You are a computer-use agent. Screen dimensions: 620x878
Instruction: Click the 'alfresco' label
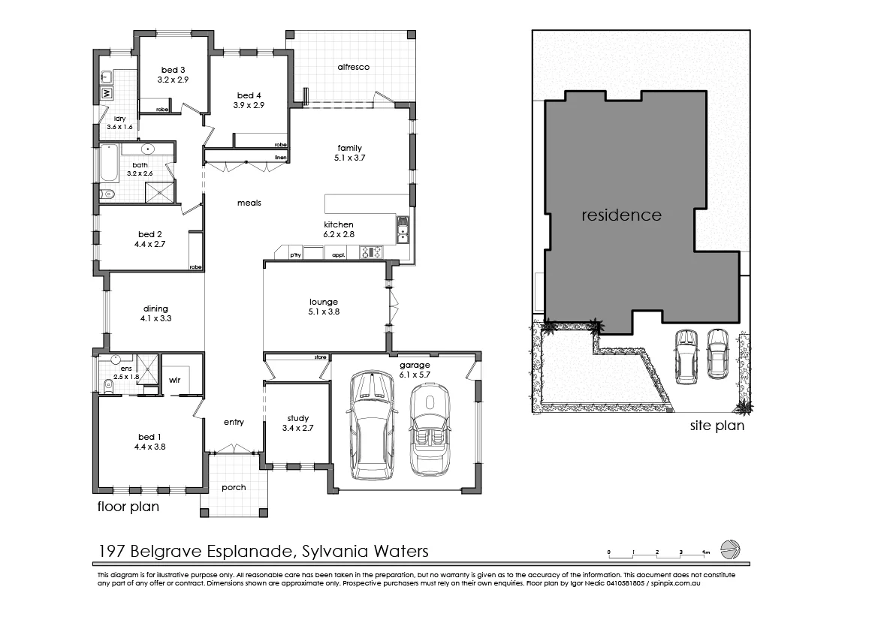click(x=353, y=67)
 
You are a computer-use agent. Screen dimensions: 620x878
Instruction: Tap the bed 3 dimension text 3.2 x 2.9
click(x=172, y=79)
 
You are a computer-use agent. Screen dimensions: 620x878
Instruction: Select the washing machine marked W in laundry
click(x=107, y=93)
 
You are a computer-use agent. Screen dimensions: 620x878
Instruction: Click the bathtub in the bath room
click(x=109, y=167)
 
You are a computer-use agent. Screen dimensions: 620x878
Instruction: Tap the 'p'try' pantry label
click(x=295, y=255)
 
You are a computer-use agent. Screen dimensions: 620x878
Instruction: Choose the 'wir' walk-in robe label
click(x=174, y=380)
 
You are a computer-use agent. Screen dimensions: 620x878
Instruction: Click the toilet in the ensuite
click(x=107, y=386)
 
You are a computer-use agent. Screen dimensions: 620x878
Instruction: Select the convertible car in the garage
click(x=430, y=429)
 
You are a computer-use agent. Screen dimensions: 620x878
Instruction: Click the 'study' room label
click(x=298, y=419)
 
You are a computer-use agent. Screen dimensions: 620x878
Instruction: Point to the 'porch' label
click(x=234, y=487)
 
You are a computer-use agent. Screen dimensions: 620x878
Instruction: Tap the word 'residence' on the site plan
click(x=622, y=215)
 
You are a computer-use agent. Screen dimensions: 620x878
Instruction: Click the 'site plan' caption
click(x=717, y=426)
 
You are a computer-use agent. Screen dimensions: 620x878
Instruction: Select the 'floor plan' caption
click(x=128, y=507)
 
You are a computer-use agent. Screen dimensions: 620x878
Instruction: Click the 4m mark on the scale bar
click(x=705, y=552)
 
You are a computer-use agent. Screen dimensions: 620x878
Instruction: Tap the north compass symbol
click(x=729, y=549)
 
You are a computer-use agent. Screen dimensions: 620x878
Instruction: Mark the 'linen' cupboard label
click(x=281, y=158)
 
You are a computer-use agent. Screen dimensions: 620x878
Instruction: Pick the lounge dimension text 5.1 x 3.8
click(x=324, y=312)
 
